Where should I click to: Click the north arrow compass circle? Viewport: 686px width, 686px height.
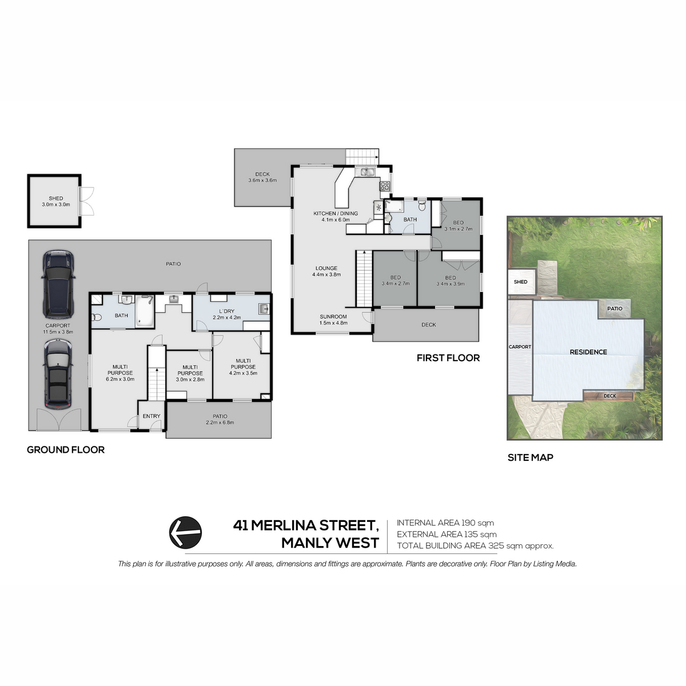pos(185,532)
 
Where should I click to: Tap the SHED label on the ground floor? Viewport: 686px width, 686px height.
pos(56,198)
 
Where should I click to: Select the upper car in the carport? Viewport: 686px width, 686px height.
pos(58,285)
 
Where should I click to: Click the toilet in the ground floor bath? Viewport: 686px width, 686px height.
pos(97,317)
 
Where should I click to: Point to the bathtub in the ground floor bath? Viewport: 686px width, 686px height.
pos(145,310)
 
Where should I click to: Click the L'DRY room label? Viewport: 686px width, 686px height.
pos(227,311)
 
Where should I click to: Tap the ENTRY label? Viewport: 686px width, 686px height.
pos(151,416)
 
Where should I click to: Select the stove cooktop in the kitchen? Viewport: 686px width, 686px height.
pos(385,186)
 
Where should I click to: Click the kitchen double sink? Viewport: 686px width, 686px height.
pos(366,172)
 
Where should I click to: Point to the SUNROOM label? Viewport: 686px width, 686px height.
pos(333,317)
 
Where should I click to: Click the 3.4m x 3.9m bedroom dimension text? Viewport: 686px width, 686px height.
pos(450,284)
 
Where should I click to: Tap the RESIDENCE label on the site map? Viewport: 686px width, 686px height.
pos(588,352)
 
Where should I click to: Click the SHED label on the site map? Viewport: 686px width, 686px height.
pos(520,282)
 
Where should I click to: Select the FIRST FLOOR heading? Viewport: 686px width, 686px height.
pos(448,358)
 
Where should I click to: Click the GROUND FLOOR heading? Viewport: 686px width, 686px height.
pos(66,450)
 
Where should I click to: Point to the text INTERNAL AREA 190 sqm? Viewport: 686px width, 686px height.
pos(445,523)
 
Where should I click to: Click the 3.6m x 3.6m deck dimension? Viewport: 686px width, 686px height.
pos(262,180)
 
